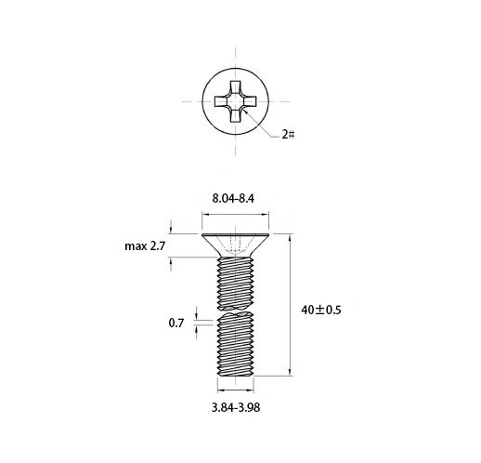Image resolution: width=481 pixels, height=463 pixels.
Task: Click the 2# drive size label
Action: (288, 135)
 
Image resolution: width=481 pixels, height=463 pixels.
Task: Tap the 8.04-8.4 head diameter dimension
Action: (233, 198)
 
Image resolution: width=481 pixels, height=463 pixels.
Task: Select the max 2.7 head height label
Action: (145, 246)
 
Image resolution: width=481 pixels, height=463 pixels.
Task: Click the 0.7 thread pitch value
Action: (176, 324)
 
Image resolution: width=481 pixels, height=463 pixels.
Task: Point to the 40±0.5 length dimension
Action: (321, 310)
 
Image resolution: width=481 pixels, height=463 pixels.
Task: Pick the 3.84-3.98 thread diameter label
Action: (236, 407)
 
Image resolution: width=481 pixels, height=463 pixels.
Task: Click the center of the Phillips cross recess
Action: (236, 101)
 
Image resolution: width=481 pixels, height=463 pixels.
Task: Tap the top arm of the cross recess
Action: (236, 87)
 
